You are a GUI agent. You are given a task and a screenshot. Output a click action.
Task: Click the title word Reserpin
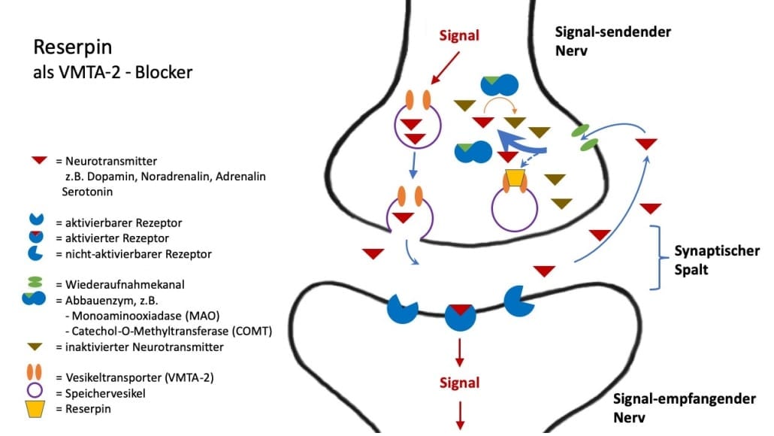(73, 48)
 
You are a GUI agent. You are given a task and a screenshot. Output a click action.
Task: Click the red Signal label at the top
(458, 35)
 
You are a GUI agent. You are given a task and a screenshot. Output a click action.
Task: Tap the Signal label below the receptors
(459, 383)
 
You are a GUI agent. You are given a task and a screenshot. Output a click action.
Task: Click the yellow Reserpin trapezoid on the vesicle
(515, 178)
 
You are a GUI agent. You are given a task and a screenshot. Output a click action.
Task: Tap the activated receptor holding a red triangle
(460, 316)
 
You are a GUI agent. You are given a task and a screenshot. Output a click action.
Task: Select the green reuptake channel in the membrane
(585, 138)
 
